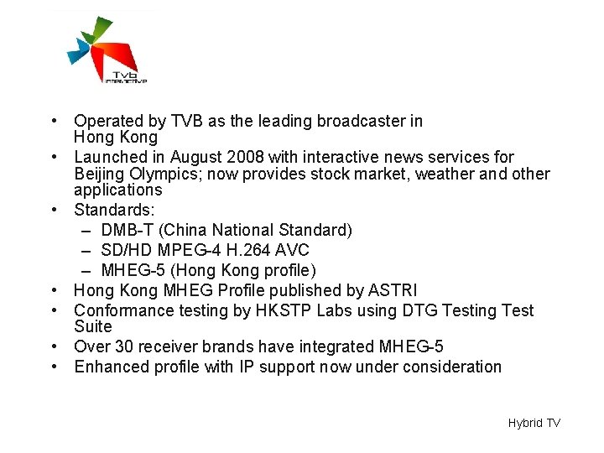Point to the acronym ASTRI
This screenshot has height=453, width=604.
(x=393, y=290)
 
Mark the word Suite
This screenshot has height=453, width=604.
(x=92, y=325)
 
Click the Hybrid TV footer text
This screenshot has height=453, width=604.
(x=534, y=423)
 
